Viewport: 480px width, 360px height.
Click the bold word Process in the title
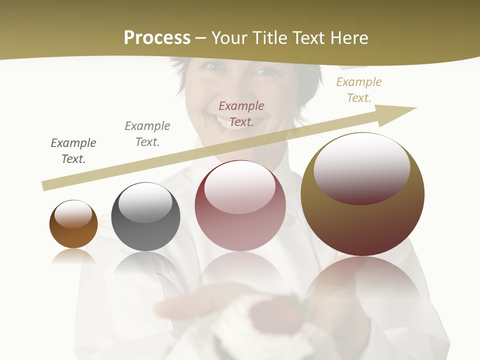[x=157, y=38]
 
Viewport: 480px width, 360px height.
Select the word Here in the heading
[x=349, y=38]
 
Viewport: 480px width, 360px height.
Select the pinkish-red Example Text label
[x=241, y=114]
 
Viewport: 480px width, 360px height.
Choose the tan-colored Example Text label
[x=359, y=90]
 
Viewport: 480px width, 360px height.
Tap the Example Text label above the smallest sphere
[x=73, y=151]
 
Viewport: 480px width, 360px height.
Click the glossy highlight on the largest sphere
[x=361, y=167]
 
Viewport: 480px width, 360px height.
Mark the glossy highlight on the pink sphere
[x=240, y=186]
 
